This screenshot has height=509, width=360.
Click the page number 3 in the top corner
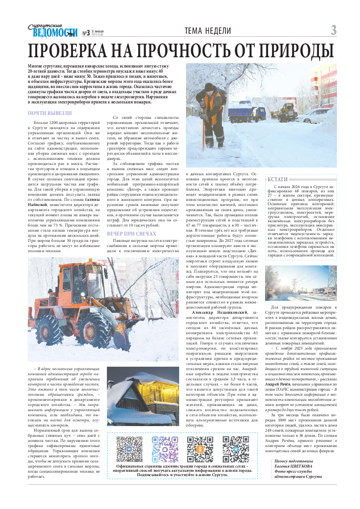333,31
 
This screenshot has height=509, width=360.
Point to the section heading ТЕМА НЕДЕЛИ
208,31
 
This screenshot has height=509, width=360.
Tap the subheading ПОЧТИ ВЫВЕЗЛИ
50,113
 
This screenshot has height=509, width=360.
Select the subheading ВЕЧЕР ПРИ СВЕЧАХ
131,234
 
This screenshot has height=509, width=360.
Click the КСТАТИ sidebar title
277,179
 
